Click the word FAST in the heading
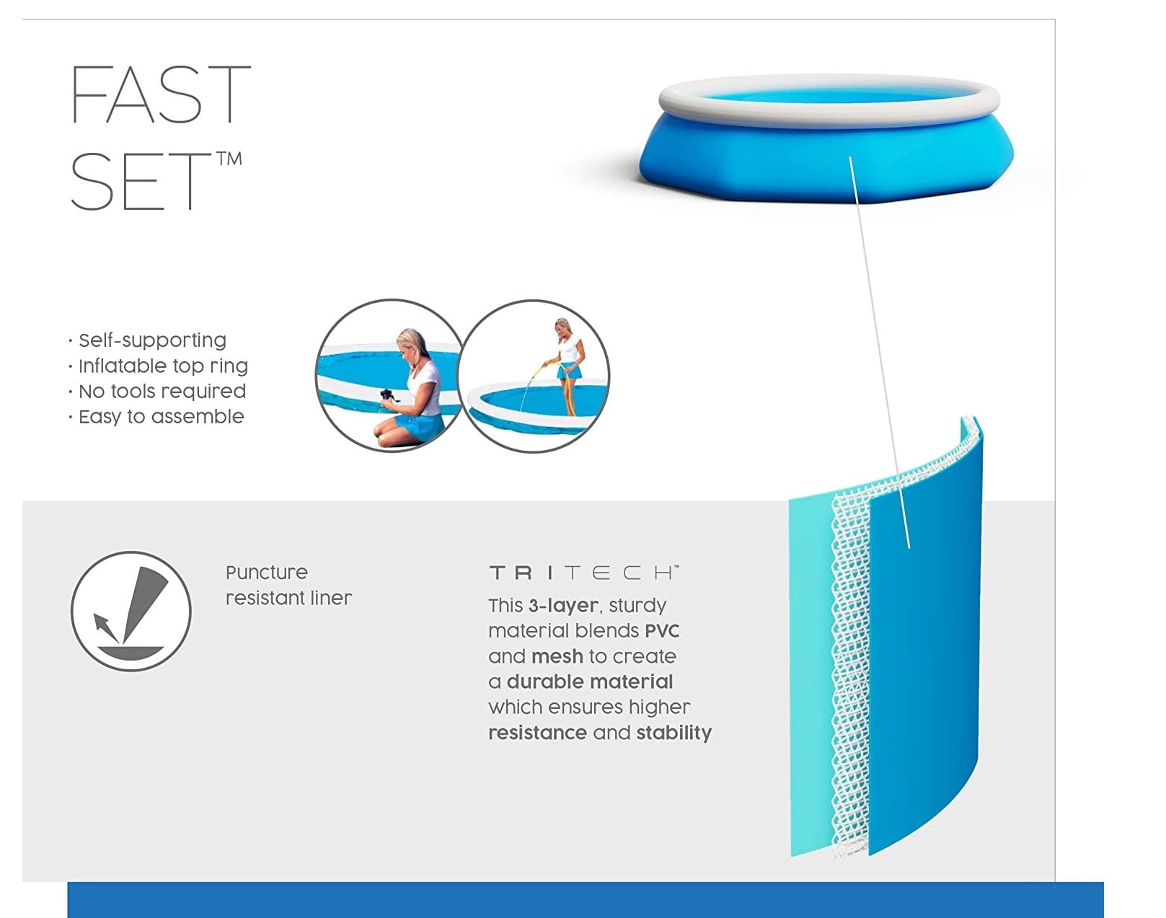click(160, 94)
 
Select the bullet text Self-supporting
click(152, 340)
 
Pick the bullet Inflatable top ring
click(163, 366)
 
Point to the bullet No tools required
click(162, 391)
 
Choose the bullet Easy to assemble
click(161, 416)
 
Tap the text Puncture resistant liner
click(288, 586)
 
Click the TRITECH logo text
click(584, 573)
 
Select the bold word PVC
click(662, 631)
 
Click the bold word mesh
click(557, 656)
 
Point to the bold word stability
click(673, 733)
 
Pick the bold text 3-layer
click(563, 606)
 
